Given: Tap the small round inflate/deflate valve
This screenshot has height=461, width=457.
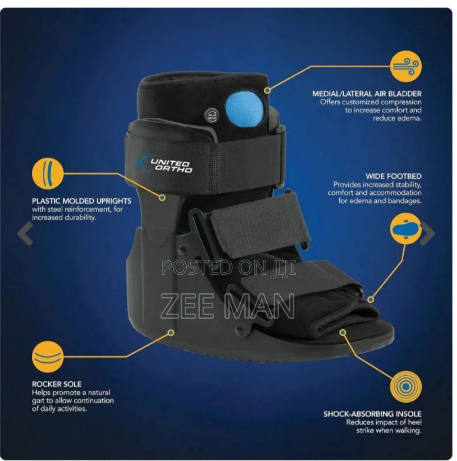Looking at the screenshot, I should coord(212,116).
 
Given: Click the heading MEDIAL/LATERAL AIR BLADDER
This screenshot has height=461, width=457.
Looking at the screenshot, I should coord(367,94).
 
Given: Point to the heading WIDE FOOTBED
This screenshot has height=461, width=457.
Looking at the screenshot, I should coord(393,176).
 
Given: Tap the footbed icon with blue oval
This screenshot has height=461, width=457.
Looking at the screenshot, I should coord(405,229).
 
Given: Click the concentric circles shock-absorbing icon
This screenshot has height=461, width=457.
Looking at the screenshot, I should coord(406,387).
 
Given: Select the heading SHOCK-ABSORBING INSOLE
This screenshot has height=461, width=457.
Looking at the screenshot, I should coord(372,414).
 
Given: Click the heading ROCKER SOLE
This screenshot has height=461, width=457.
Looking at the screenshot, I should coord(57,384).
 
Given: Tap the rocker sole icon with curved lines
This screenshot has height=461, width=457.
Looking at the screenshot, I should coord(48,357).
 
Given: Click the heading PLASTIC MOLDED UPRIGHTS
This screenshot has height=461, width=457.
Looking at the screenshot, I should coord(82,201).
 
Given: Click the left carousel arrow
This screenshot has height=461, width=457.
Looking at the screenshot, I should coord(25,233).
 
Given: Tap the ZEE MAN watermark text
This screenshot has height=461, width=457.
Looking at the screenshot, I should coord(227,306).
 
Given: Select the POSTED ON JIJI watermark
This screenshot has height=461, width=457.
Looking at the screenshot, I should coord(229,267).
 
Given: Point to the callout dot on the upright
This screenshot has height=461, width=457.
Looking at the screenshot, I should coord(162,198).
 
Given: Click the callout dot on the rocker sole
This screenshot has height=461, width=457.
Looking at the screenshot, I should coord(171,333).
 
